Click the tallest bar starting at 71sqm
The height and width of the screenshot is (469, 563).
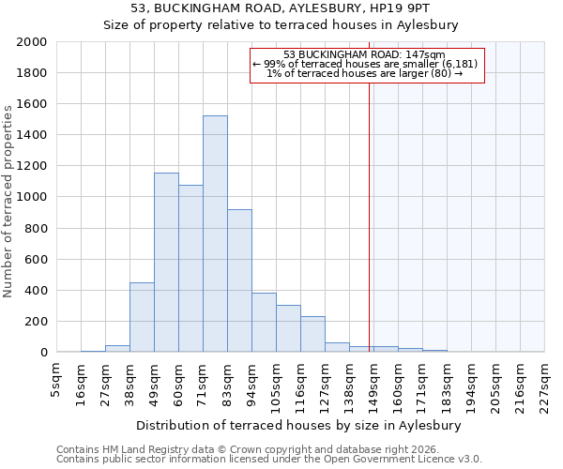tap(215, 234)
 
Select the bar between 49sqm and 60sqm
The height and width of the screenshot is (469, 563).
tap(166, 263)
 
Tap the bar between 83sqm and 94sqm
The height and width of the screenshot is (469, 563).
tap(239, 280)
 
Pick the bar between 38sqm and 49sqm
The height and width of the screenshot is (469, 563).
tap(142, 317)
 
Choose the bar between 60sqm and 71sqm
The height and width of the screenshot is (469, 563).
tap(190, 268)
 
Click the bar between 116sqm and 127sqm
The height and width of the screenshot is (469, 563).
tap(312, 334)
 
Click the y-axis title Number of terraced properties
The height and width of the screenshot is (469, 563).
tap(8, 202)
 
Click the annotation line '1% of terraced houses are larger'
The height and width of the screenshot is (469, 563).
tap(364, 73)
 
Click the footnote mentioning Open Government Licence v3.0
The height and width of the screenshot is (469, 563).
tap(269, 460)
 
